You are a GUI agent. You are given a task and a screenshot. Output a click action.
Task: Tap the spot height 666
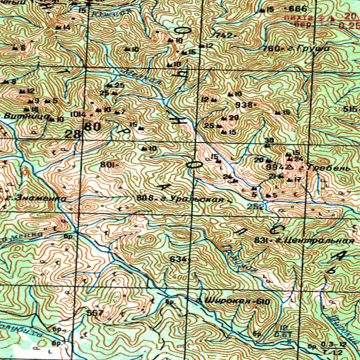click(298, 9)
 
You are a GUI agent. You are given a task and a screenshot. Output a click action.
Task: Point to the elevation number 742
click(222, 36)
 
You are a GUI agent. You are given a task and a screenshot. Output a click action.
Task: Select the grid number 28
click(73, 134)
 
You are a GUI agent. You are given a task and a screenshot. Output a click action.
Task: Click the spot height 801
click(107, 165)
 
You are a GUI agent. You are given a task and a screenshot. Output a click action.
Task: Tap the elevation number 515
click(350, 109)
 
